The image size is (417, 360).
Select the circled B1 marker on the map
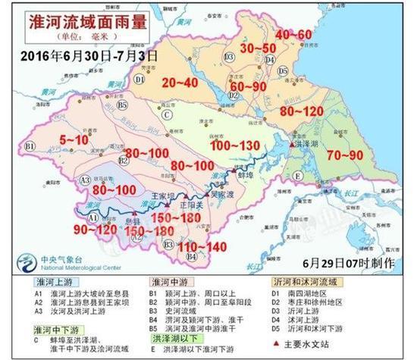coord(30,146)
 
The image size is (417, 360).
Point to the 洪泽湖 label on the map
coord(313,144)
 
